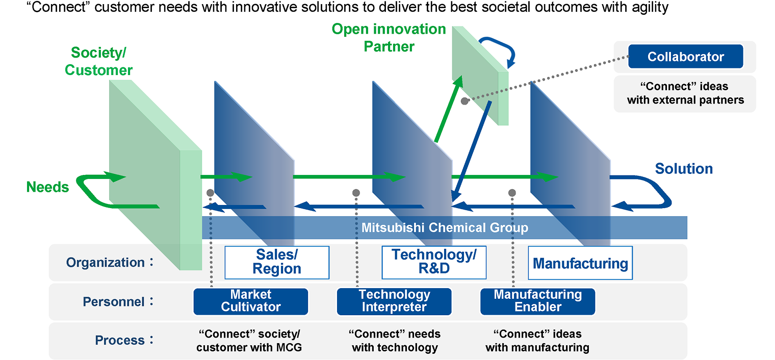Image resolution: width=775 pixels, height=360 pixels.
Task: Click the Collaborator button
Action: pyautogui.click(x=685, y=57)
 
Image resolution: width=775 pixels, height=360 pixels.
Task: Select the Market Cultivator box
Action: pyautogui.click(x=250, y=301)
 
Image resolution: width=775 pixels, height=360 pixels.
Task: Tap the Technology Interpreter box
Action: pyautogui.click(x=394, y=301)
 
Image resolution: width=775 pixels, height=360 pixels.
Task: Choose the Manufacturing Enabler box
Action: pyautogui.click(x=537, y=301)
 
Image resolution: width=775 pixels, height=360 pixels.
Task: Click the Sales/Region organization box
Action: pyautogui.click(x=277, y=262)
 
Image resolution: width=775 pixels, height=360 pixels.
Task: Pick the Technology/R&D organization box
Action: pyautogui.click(x=433, y=262)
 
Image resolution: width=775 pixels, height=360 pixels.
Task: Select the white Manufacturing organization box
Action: pyautogui.click(x=580, y=263)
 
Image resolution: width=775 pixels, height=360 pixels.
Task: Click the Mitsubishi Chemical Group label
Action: pyautogui.click(x=445, y=227)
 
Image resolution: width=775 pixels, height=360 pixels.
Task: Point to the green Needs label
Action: pyautogui.click(x=47, y=187)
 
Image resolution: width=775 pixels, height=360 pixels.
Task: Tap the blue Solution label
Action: pyautogui.click(x=684, y=169)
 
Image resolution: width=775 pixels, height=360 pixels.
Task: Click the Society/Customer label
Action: pyautogui.click(x=99, y=61)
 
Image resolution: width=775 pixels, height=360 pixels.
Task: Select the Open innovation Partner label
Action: pyautogui.click(x=389, y=38)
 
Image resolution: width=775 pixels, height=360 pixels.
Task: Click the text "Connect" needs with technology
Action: pyautogui.click(x=394, y=341)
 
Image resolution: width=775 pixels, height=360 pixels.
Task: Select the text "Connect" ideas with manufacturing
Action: pyautogui.click(x=537, y=341)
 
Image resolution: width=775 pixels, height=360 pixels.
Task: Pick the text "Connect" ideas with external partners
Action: pyautogui.click(x=685, y=93)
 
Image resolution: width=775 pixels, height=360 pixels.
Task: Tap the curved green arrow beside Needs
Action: pyautogui.click(x=91, y=191)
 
